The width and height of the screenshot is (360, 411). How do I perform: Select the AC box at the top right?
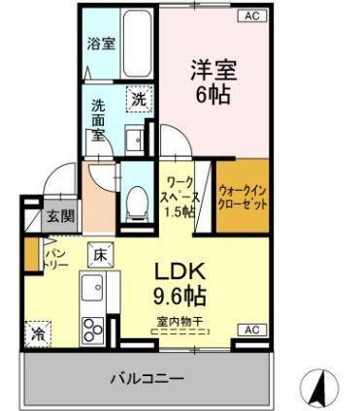[250, 16]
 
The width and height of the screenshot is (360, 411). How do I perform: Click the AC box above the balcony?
[250, 330]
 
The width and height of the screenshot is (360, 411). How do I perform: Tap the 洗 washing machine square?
[139, 98]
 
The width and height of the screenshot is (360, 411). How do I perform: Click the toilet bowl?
[137, 199]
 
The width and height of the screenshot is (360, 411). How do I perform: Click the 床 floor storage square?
[101, 255]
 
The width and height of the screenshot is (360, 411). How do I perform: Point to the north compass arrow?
[316, 389]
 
